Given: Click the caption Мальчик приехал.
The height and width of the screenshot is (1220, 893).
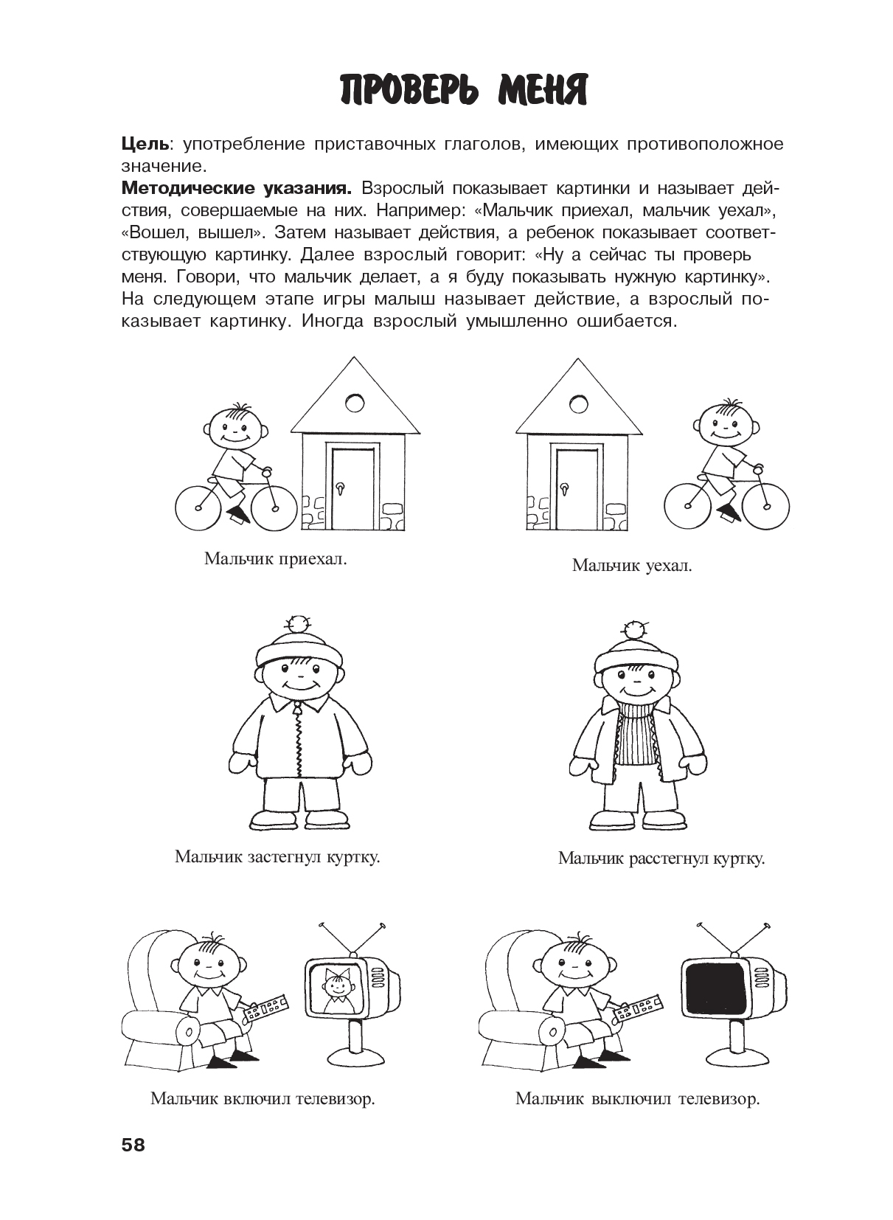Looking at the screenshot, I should click(275, 558).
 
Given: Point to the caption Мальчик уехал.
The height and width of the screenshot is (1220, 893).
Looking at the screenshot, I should click(632, 566).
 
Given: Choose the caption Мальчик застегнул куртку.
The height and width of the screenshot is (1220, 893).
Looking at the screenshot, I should click(277, 857).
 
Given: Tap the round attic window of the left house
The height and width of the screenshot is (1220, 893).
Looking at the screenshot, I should click(355, 403).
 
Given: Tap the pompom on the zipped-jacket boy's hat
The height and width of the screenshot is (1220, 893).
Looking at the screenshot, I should click(299, 623).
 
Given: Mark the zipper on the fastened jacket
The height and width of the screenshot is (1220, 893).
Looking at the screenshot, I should click(299, 741).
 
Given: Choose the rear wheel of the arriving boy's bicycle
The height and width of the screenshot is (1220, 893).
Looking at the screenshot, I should click(198, 507).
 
